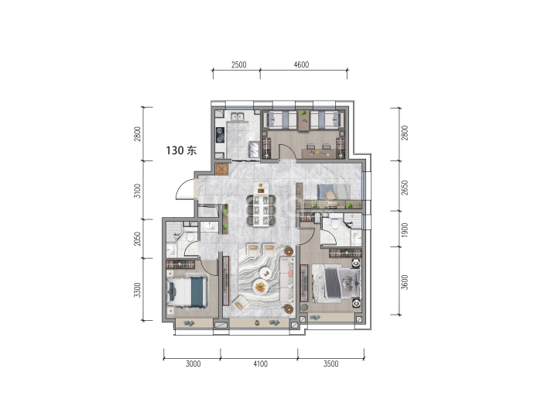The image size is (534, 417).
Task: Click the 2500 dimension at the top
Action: [238, 65]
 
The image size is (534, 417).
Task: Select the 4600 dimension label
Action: [301, 65]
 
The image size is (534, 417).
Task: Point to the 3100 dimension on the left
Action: [137, 191]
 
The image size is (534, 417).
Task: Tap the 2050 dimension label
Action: [137, 239]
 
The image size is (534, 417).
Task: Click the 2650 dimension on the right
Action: [404, 188]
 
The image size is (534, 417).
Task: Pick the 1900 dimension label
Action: [404, 230]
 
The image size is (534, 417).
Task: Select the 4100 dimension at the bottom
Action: [261, 364]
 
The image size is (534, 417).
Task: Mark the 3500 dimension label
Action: [331, 364]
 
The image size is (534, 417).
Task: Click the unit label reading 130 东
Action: [181, 150]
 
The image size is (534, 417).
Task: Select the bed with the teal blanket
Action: [187, 292]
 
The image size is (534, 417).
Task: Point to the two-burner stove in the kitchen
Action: [221, 134]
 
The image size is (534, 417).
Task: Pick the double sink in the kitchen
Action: [237, 117]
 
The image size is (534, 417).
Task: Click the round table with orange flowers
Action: [261, 286]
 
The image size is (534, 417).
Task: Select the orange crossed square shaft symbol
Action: [221, 169]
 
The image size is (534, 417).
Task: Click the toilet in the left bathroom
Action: [190, 236]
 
